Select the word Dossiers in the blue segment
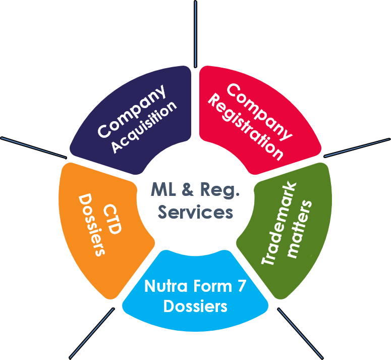point(195,306)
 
